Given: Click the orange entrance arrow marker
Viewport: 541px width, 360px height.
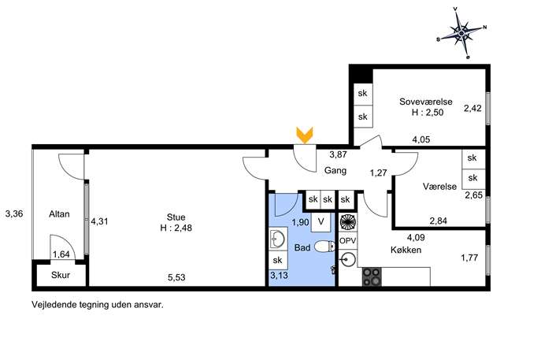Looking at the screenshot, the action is (304, 135).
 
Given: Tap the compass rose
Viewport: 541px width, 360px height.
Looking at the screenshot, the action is (462, 33).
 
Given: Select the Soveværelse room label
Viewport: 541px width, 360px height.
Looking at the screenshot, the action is (426, 102).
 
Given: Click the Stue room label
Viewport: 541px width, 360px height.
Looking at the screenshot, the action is (176, 217).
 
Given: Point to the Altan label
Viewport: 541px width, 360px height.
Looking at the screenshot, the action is (59, 214).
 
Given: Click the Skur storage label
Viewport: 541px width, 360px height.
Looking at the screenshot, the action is (61, 275).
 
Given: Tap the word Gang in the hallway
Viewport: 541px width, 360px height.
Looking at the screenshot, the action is (335, 170).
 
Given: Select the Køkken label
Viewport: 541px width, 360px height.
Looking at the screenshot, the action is (406, 250).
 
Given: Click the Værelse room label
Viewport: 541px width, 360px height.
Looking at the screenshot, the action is (439, 187).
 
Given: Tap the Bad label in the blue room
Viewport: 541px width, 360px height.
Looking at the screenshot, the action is (302, 247).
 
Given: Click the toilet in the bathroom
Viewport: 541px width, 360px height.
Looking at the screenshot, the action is (324, 247).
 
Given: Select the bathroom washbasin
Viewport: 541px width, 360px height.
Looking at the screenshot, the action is (277, 238).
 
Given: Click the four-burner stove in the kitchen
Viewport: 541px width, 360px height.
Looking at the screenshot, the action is (372, 276).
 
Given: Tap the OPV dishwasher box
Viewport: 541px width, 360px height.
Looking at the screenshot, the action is (347, 240).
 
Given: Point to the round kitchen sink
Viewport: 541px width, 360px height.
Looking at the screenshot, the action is (347, 258).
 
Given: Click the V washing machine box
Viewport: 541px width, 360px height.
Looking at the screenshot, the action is (321, 222).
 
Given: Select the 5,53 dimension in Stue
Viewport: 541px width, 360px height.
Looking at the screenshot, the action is (176, 277).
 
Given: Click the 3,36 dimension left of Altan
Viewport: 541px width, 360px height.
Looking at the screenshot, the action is (14, 213).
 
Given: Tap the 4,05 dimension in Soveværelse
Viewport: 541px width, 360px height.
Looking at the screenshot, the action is (421, 139).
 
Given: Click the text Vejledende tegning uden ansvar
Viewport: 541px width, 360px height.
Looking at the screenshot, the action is (98, 305).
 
